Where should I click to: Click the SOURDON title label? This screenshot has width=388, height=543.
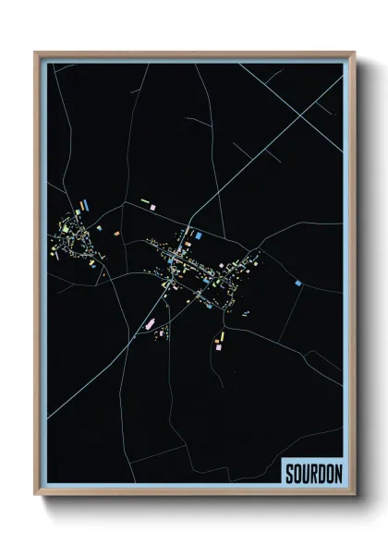click(x=313, y=471)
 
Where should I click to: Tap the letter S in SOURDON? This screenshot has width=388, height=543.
click(x=289, y=471)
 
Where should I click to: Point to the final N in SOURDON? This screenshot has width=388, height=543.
click(x=338, y=471)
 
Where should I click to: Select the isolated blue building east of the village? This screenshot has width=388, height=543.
click(x=297, y=283)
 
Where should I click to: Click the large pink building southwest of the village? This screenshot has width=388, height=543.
click(x=149, y=323)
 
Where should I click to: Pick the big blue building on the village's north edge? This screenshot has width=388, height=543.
click(x=199, y=236)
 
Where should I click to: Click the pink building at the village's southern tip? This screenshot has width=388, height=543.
click(x=218, y=348)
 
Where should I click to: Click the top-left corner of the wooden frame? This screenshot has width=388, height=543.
click(x=36, y=54)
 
